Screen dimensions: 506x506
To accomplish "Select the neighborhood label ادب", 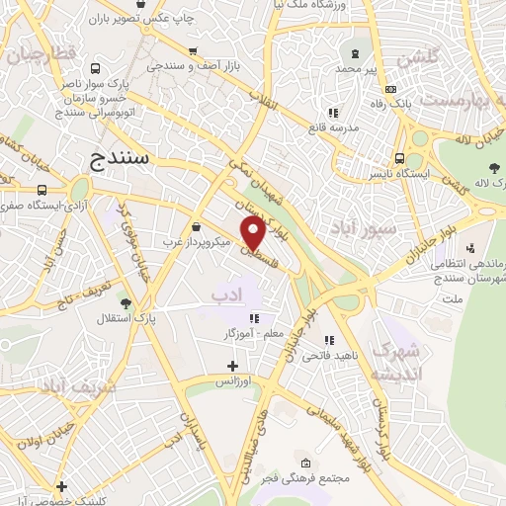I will (225, 294).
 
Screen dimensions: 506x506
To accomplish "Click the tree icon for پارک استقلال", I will (126, 303).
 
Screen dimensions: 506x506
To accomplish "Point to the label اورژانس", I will (233, 380).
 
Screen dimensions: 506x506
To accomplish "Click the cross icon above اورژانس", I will (232, 366).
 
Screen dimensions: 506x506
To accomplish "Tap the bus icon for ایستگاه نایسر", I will (399, 158).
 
